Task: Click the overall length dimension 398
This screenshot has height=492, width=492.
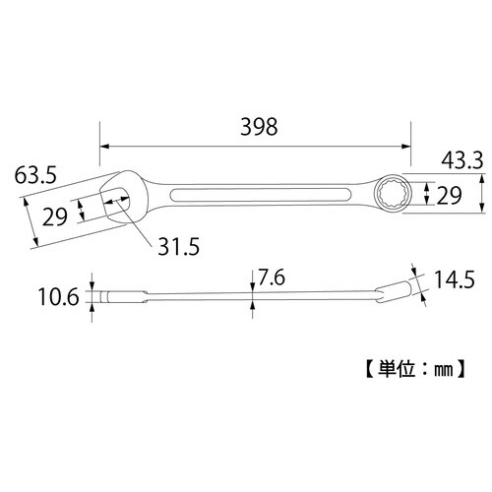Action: (x=259, y=127)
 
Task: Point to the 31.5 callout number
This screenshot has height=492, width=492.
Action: (x=179, y=248)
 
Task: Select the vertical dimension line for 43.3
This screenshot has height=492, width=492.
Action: (x=480, y=193)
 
